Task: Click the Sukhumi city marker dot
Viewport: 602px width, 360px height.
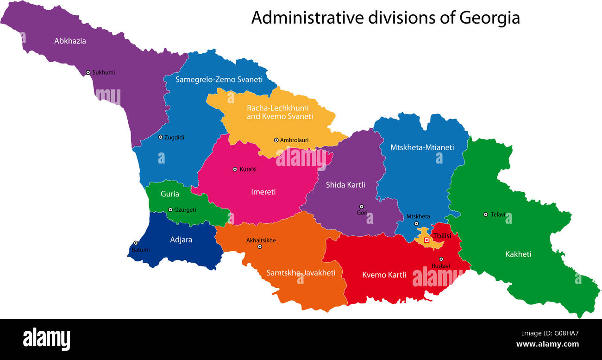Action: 88,72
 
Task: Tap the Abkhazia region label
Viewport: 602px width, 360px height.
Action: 70,41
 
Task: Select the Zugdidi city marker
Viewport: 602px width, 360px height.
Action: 160,137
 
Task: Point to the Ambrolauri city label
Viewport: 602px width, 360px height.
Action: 294,140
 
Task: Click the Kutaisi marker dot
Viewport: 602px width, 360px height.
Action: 235,169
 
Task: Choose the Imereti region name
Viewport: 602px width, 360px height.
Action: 263,191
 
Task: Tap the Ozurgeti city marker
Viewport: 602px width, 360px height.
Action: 170,210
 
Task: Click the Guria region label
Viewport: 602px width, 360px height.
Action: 169,194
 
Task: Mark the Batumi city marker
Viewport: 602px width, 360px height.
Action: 136,243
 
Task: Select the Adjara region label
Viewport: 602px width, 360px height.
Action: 181,240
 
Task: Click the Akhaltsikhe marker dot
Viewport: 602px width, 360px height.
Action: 260,246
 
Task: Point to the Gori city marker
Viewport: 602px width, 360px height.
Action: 362,207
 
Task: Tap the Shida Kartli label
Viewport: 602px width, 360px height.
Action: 345,185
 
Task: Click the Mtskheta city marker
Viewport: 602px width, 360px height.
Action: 416,224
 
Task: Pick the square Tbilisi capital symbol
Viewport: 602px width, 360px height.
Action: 426,240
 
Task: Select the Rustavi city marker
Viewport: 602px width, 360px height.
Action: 441,259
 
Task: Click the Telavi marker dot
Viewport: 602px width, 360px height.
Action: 485,214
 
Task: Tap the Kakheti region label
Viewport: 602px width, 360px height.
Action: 518,254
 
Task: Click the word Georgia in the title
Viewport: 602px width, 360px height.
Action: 489,18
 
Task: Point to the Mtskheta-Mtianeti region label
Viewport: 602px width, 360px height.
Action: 422,147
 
